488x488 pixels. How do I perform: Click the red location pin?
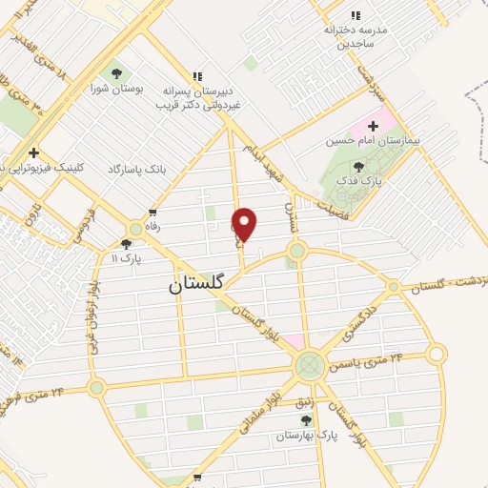point(245,225)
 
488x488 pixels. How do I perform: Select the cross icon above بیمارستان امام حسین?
point(373,125)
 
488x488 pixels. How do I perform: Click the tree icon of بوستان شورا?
point(116,73)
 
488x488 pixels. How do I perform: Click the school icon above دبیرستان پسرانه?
point(197,76)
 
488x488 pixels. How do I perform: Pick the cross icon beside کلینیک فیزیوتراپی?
point(33,152)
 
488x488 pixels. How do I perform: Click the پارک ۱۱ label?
point(126,258)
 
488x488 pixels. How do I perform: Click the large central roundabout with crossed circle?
point(309,363)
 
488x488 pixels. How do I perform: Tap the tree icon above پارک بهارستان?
point(306,420)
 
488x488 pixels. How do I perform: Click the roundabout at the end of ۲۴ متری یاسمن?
point(436,355)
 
